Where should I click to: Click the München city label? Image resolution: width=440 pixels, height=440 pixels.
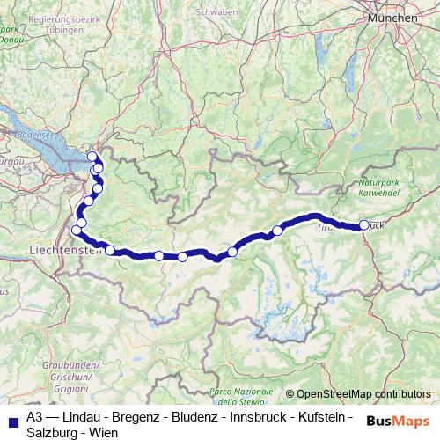392,17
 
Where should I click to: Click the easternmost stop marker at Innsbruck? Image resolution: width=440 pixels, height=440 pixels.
364,225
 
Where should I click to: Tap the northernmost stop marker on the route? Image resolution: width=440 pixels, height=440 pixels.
92,157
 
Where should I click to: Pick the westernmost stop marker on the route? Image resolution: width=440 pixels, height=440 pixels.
77,231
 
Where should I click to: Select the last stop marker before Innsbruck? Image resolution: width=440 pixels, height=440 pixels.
277,231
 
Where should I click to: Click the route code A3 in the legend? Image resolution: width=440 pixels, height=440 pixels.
34,415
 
